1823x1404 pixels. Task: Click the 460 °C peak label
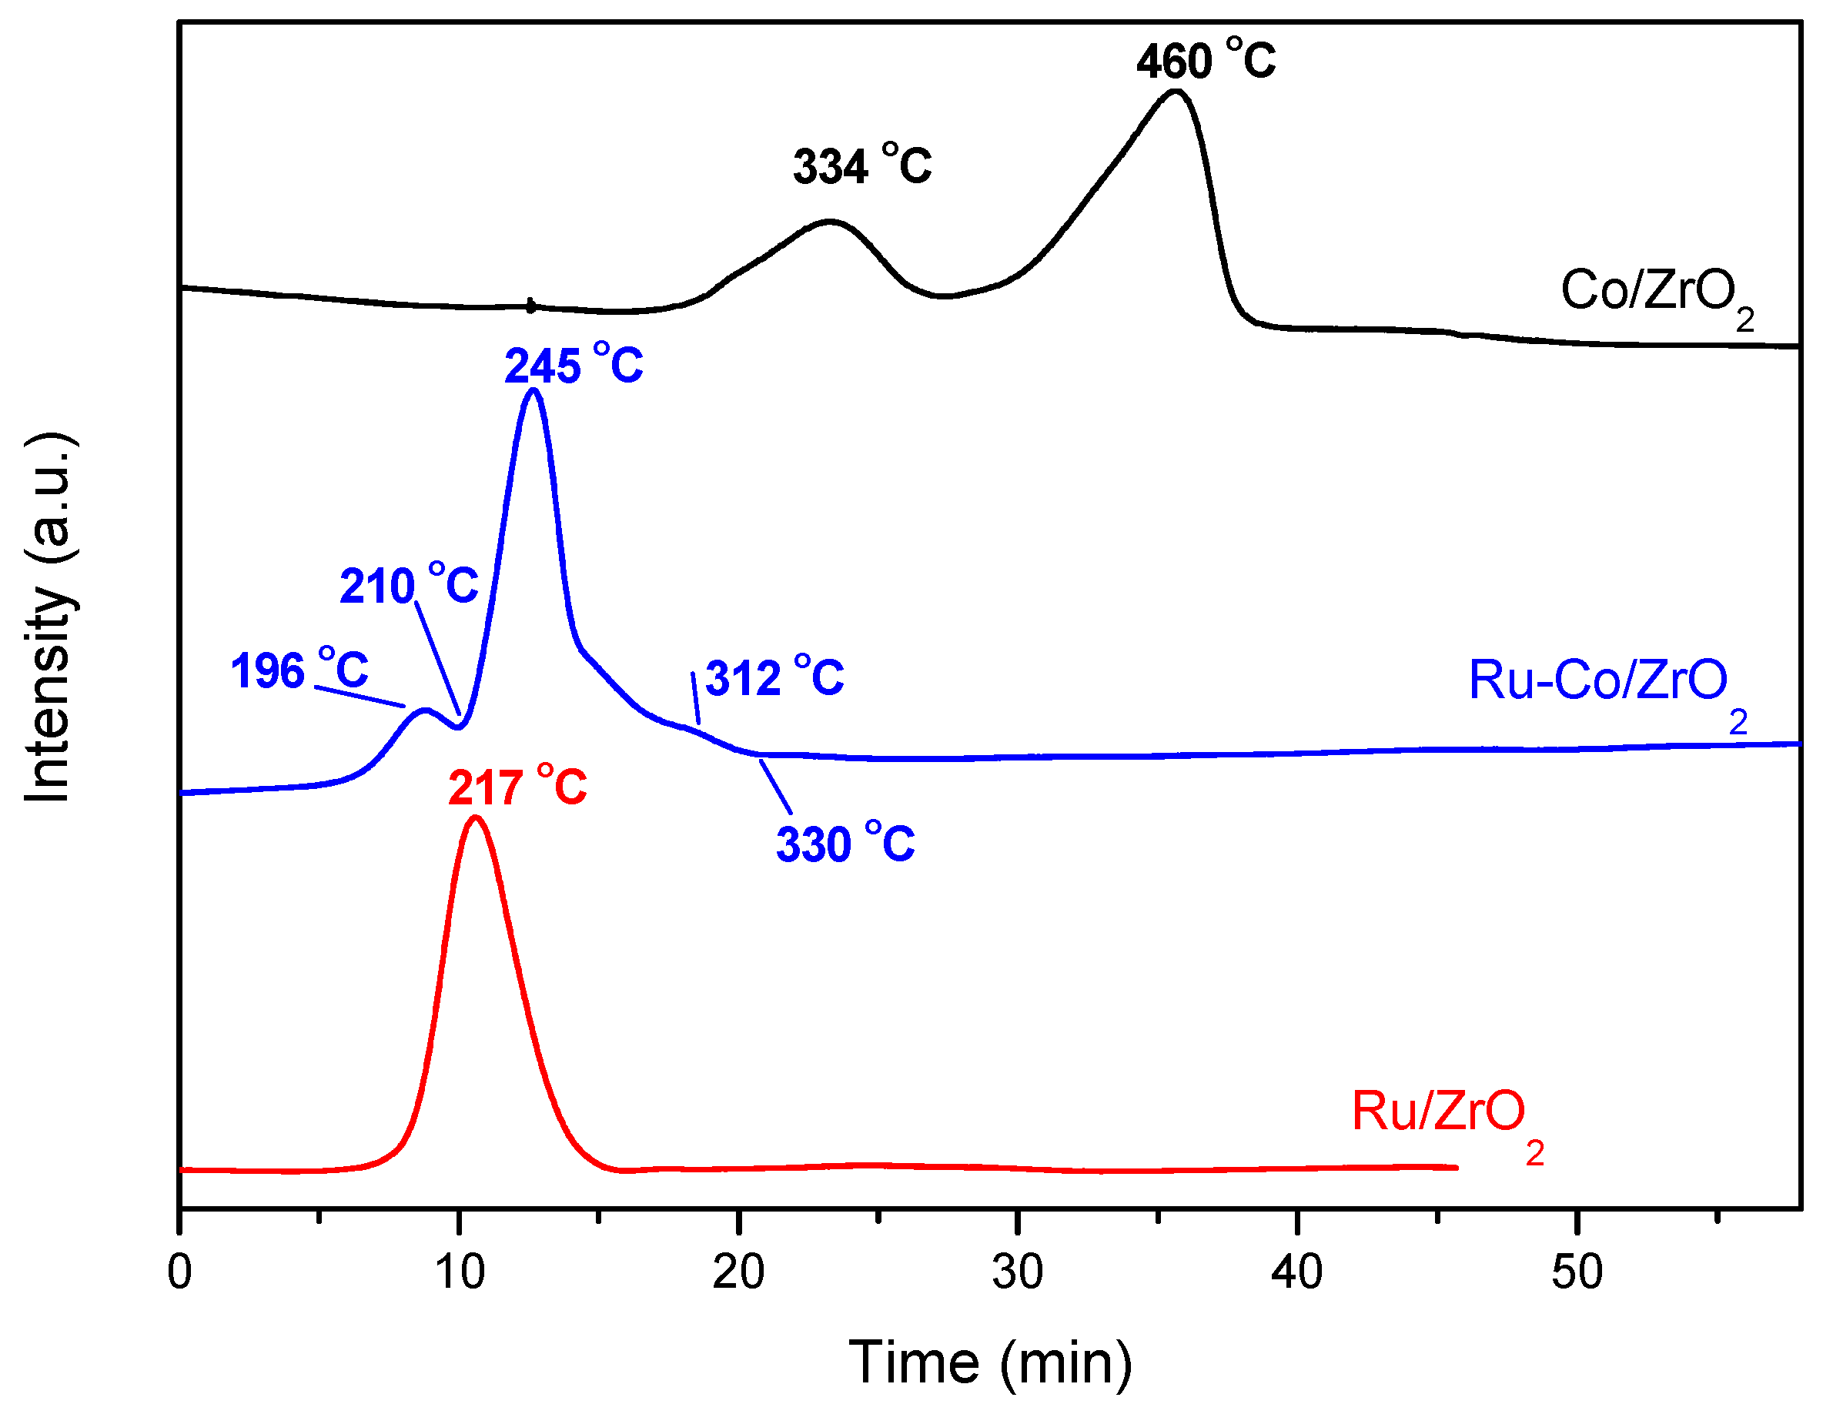point(1206,60)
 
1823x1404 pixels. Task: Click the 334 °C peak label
point(862,165)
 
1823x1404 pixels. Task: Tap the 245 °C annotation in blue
point(574,365)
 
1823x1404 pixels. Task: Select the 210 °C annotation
point(409,585)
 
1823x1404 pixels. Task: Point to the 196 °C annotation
point(299,670)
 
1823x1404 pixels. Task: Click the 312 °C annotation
point(774,677)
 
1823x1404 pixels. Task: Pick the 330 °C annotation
point(845,844)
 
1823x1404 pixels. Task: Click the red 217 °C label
point(517,787)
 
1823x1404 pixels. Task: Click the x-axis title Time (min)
point(991,1363)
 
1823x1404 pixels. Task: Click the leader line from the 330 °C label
point(775,787)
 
